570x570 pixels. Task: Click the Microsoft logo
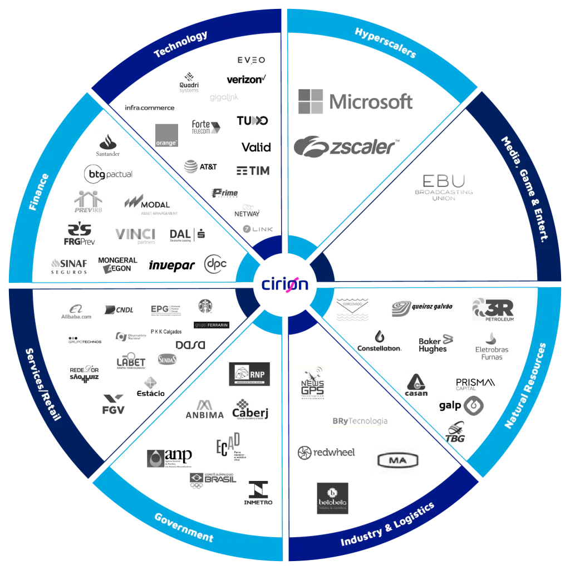(356, 102)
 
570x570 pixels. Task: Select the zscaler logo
(347, 147)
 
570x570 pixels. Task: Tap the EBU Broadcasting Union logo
(445, 187)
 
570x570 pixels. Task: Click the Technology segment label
(180, 45)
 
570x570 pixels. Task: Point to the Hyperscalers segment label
(385, 43)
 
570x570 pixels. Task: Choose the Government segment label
(184, 527)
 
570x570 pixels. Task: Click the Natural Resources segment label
(525, 385)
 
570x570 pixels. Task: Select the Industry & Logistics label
(387, 525)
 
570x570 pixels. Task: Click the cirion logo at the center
(284, 283)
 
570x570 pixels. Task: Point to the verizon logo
(245, 79)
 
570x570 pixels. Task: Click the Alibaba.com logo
(76, 314)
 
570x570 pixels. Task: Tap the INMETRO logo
(258, 494)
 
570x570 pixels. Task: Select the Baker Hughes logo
(436, 345)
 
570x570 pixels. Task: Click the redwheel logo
(325, 453)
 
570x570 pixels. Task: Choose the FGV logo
(114, 406)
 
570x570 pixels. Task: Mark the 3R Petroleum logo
(494, 310)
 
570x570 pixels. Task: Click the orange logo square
(165, 134)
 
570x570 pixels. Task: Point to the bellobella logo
(333, 498)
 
